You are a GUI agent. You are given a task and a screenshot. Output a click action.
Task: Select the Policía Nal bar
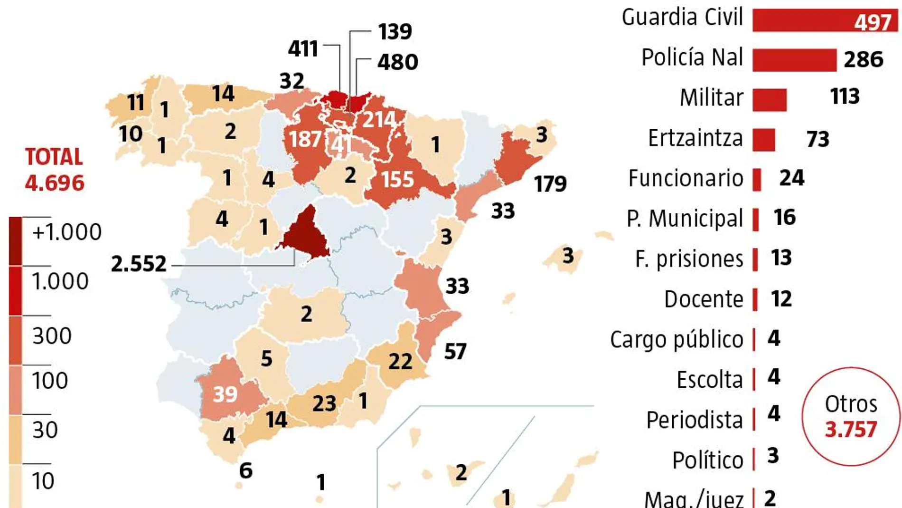pyautogui.click(x=794, y=60)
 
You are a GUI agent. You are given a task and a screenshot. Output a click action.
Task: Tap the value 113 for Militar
pyautogui.click(x=845, y=96)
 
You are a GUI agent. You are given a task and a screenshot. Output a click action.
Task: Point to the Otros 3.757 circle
pyautogui.click(x=850, y=417)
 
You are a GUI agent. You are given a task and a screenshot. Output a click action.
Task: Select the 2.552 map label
pyautogui.click(x=139, y=264)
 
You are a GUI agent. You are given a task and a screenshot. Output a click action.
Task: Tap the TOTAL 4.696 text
pyautogui.click(x=54, y=170)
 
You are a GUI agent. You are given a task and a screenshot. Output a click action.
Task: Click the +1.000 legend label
pyautogui.click(x=66, y=232)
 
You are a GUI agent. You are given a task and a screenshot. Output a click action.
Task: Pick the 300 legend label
pyautogui.click(x=52, y=336)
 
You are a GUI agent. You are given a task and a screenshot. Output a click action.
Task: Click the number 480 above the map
pyautogui.click(x=397, y=62)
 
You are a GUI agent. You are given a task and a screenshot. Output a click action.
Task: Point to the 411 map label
pyautogui.click(x=303, y=48)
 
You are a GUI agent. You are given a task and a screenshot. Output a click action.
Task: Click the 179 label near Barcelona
pyautogui.click(x=550, y=184)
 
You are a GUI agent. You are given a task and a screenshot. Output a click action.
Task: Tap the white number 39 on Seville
pyautogui.click(x=225, y=394)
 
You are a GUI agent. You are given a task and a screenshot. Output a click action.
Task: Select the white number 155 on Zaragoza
pyautogui.click(x=398, y=180)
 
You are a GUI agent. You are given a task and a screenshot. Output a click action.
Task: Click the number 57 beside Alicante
pyautogui.click(x=455, y=352)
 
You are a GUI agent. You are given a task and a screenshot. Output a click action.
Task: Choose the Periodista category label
pyautogui.click(x=694, y=420)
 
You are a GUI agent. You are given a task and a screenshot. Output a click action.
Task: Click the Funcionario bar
pyautogui.click(x=757, y=180)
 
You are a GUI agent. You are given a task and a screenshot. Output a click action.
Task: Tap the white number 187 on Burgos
pyautogui.click(x=305, y=139)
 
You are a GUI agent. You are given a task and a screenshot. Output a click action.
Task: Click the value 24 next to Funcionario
pyautogui.click(x=791, y=178)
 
